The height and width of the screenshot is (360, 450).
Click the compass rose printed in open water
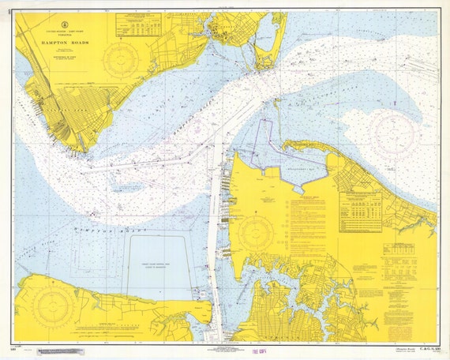pos(392,131)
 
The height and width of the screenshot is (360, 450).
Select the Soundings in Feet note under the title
pos(62,58)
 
